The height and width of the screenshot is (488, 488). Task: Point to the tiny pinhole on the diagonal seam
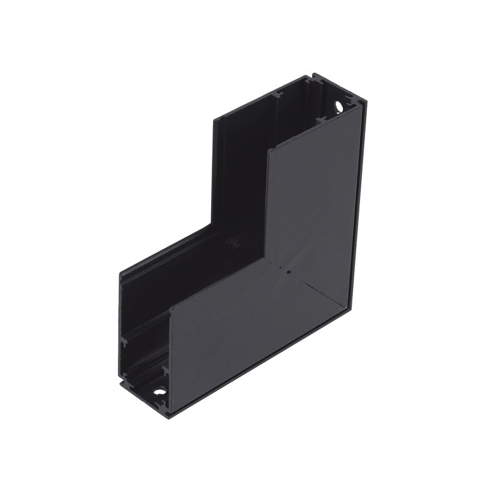pos(288,273)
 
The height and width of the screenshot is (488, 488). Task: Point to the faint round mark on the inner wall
pos(233,241)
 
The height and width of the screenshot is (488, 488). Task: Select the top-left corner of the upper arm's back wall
pos(214,119)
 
